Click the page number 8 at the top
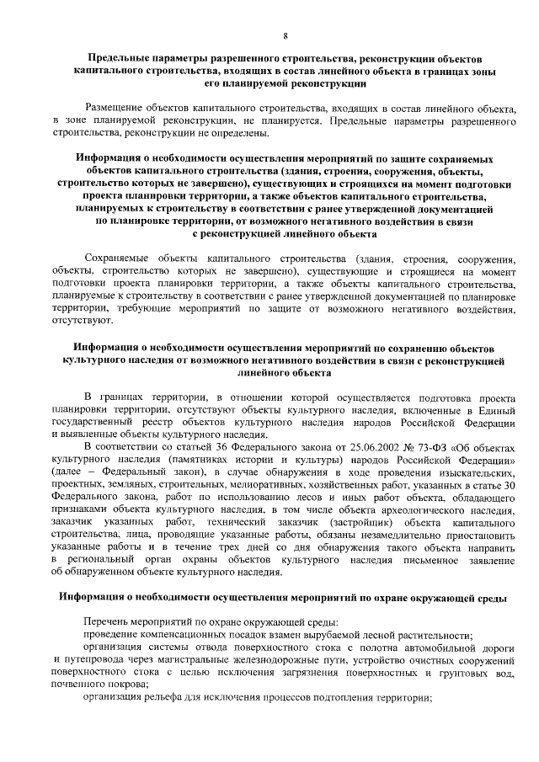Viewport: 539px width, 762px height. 286,35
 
